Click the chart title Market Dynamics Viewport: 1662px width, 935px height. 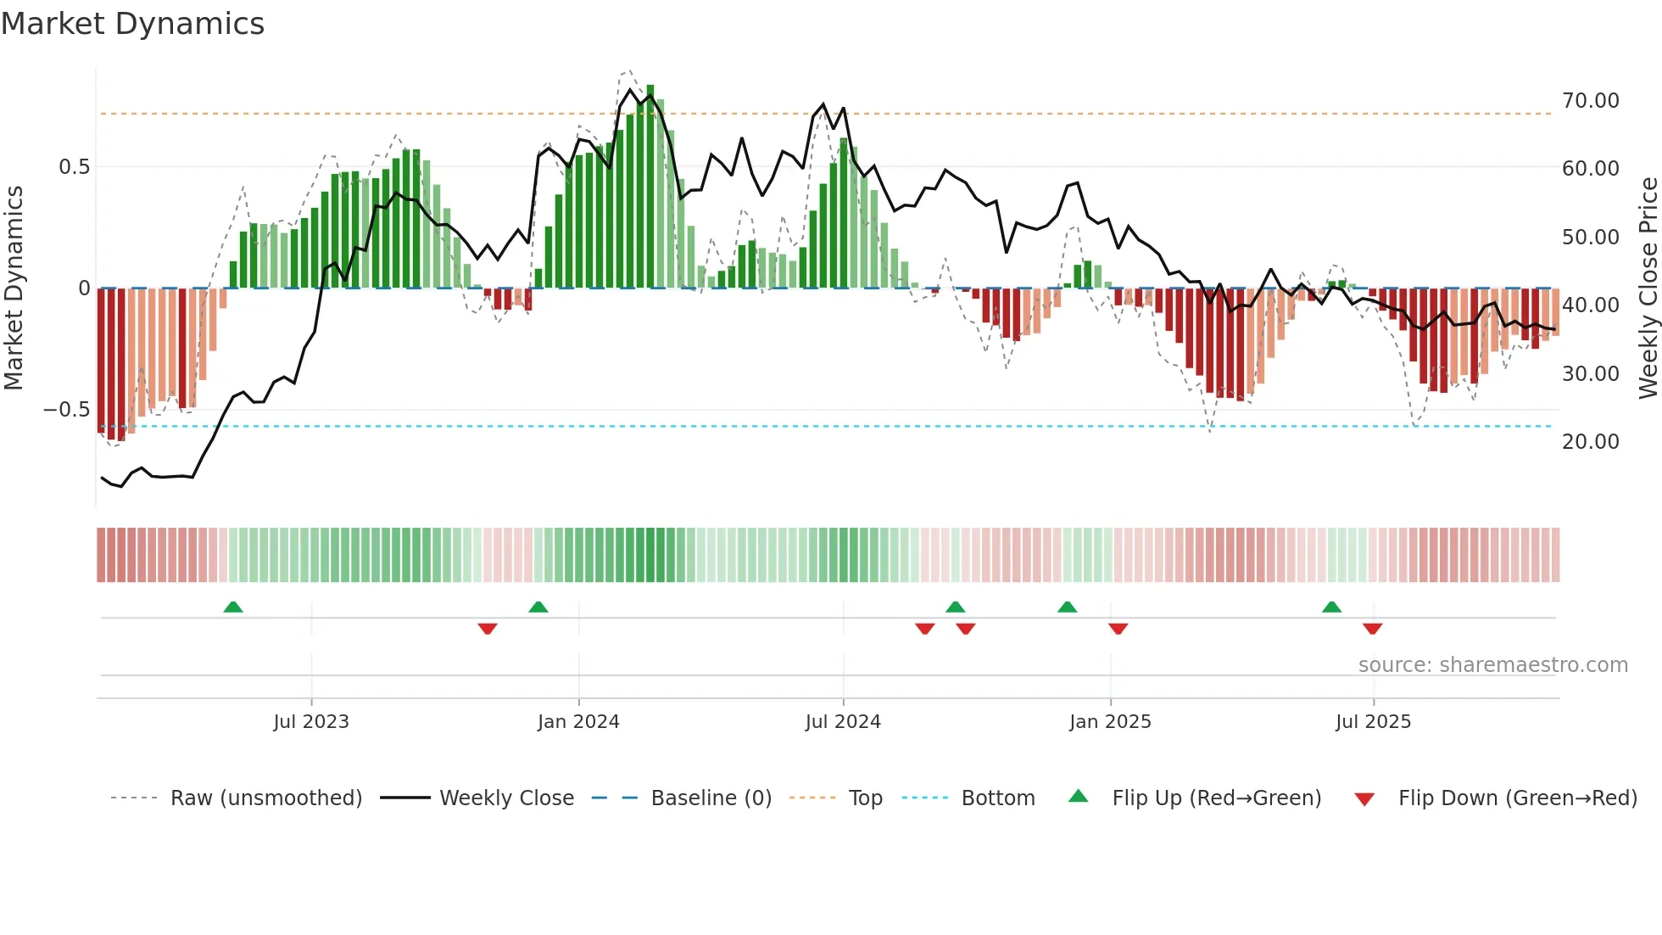click(x=133, y=24)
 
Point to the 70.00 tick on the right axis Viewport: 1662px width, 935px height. click(x=1590, y=101)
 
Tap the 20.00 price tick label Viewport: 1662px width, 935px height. click(x=1590, y=442)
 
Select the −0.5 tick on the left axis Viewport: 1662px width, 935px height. click(x=66, y=410)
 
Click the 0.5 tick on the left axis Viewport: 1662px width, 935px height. click(x=74, y=167)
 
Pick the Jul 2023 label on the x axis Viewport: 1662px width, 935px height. click(x=311, y=722)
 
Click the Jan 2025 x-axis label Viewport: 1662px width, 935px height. click(x=1110, y=722)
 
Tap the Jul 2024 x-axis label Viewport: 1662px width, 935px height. click(x=843, y=722)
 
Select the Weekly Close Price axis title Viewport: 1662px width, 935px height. click(x=1648, y=288)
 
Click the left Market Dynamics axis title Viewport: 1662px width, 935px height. click(x=14, y=288)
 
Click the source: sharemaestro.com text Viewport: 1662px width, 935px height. click(x=1492, y=665)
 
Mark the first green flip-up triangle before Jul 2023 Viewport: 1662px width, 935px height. click(x=233, y=607)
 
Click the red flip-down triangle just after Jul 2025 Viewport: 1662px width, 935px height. click(x=1373, y=629)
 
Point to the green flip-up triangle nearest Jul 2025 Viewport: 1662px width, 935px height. click(x=1332, y=607)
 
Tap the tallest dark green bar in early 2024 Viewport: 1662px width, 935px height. click(x=650, y=187)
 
